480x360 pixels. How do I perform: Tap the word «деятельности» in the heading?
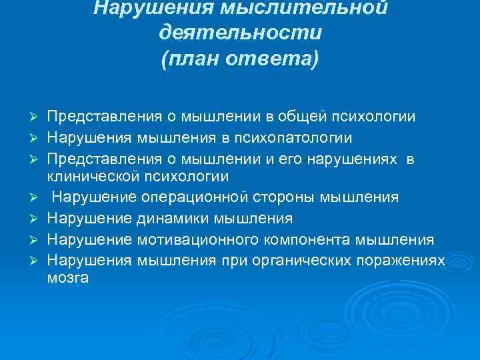[x=241, y=33]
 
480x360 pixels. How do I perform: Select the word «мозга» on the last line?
[x=67, y=278]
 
